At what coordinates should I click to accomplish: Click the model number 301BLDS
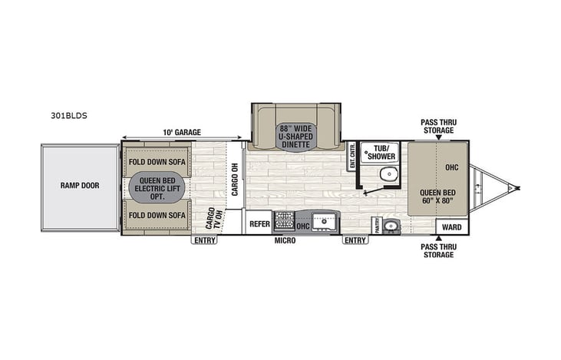click(69, 117)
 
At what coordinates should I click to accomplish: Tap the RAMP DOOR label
click(81, 185)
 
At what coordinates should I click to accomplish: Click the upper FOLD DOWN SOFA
click(157, 161)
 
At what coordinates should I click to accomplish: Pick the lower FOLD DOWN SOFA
click(157, 216)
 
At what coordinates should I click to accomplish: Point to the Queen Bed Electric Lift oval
click(157, 187)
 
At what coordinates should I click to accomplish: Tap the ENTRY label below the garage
click(204, 240)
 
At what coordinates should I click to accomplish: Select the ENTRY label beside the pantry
click(355, 240)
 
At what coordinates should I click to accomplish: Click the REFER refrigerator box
click(259, 224)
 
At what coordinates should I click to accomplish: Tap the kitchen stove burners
click(284, 222)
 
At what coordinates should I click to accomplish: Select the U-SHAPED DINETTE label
click(295, 137)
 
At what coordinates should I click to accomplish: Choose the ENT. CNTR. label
click(352, 156)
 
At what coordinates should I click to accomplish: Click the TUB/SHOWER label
click(381, 152)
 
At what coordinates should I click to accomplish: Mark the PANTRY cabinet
click(376, 225)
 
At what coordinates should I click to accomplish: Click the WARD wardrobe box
click(452, 227)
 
